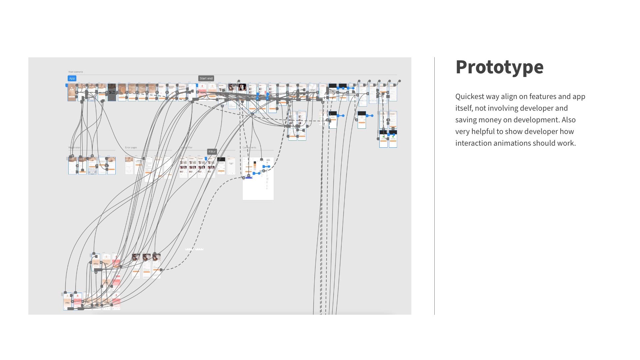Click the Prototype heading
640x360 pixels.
pyautogui.click(x=499, y=67)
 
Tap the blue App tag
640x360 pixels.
pyautogui.click(x=72, y=78)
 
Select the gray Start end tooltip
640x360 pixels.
pyautogui.click(x=206, y=78)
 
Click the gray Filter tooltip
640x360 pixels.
pyautogui.click(x=212, y=152)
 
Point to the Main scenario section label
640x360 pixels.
pyautogui.click(x=76, y=72)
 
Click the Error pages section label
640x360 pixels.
pyautogui.click(x=131, y=147)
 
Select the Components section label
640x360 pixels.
pyautogui.click(x=249, y=147)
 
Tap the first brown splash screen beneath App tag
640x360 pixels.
pyautogui.click(x=72, y=92)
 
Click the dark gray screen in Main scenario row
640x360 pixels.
pyautogui.click(x=112, y=92)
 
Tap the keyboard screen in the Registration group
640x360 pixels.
pyautogui.click(x=92, y=166)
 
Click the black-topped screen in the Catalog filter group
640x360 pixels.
pyautogui.click(x=221, y=166)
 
